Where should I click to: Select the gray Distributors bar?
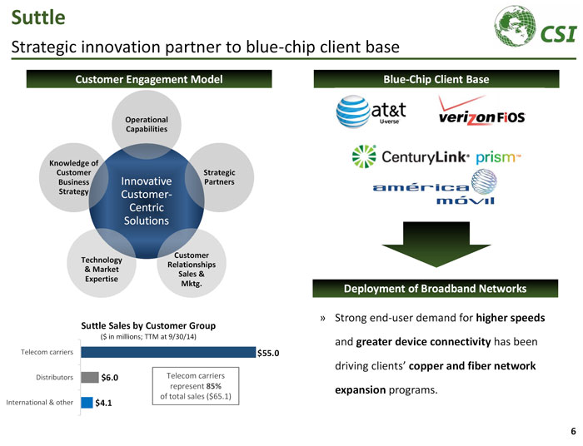point(90,377)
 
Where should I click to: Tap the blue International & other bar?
point(87,403)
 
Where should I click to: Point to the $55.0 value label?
point(268,354)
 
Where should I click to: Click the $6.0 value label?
point(110,378)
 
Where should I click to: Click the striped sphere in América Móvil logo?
point(484,182)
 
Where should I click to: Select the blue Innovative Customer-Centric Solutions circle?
point(147,201)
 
